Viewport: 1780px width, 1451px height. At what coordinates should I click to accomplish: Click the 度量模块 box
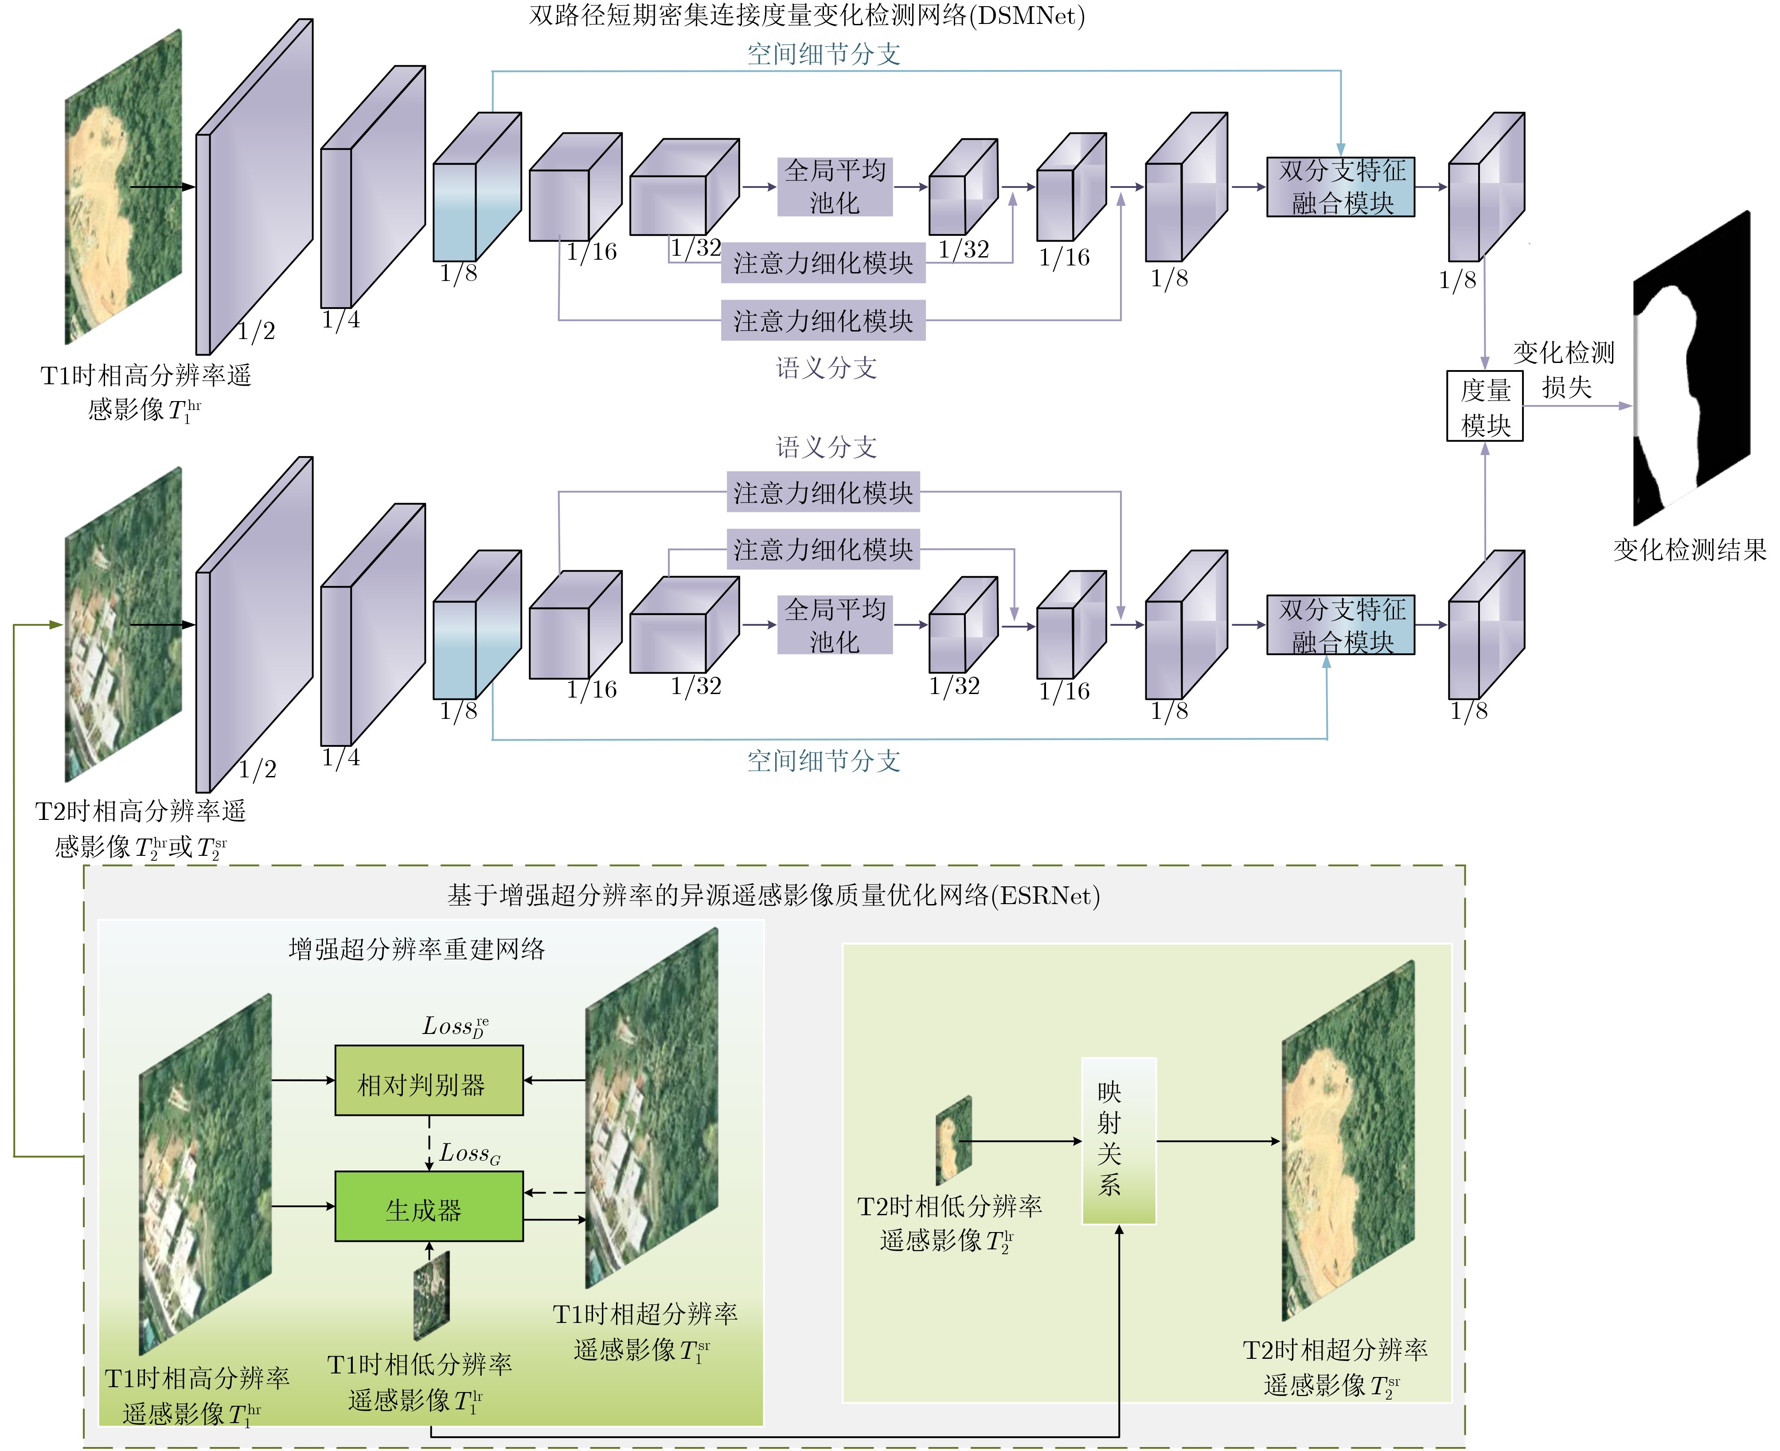(1484, 406)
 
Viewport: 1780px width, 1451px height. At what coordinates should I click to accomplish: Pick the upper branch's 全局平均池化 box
(834, 187)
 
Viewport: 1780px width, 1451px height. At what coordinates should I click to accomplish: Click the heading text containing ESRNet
(773, 896)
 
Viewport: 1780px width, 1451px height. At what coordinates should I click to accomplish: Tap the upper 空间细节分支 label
(823, 55)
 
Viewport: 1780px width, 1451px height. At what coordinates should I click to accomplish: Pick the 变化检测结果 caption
(1689, 550)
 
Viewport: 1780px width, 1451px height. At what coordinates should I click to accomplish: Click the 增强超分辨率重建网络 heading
(416, 949)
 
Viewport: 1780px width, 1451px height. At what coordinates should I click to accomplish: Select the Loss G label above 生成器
(470, 1154)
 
